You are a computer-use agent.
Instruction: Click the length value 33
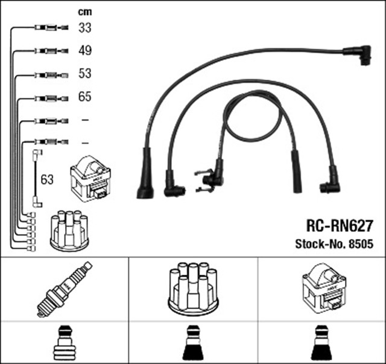click(84, 27)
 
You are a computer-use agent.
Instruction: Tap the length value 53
click(84, 74)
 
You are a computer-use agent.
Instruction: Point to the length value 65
click(84, 97)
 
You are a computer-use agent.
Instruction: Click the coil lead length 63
click(46, 179)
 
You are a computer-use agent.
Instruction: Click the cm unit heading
click(84, 11)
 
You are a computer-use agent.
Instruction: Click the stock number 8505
click(334, 245)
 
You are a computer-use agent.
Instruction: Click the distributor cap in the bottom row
click(193, 288)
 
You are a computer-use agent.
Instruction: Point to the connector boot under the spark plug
click(64, 342)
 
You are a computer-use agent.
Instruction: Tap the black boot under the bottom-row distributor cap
click(193, 342)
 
